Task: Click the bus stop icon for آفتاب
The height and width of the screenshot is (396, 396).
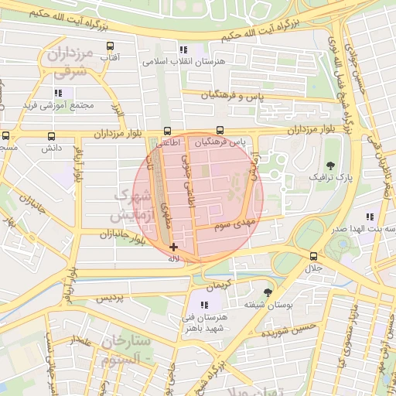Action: (x=111, y=46)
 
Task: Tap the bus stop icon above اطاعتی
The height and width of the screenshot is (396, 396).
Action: (x=168, y=131)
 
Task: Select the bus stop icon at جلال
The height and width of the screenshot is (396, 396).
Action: (x=313, y=256)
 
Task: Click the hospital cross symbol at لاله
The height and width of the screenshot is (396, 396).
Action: (x=172, y=247)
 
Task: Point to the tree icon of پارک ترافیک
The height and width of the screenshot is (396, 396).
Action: (x=331, y=165)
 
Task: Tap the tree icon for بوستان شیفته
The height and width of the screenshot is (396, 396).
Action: (x=268, y=292)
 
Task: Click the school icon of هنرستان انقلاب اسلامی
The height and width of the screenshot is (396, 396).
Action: (x=183, y=49)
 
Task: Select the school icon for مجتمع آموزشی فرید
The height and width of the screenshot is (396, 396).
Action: (x=57, y=92)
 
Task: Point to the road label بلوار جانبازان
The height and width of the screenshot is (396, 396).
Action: (x=122, y=237)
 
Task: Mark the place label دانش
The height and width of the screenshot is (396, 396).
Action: (x=51, y=147)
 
